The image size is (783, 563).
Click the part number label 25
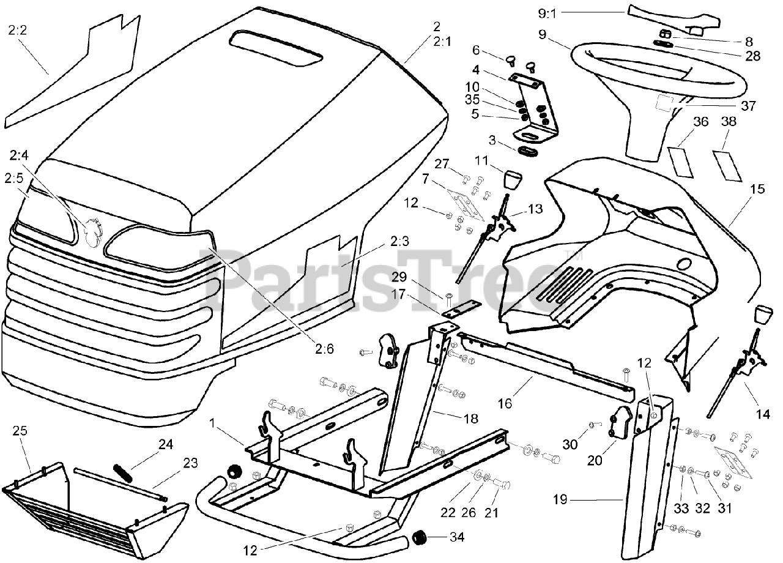click(x=20, y=431)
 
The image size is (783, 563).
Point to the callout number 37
click(x=748, y=106)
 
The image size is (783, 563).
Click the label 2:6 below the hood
click(x=325, y=349)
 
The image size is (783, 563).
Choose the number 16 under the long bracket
click(x=505, y=405)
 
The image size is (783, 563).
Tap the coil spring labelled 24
click(x=123, y=473)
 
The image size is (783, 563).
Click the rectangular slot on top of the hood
click(x=275, y=48)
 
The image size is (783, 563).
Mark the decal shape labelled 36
click(x=683, y=158)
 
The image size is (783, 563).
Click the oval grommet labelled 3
click(x=530, y=150)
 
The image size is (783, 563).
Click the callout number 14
click(x=762, y=414)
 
